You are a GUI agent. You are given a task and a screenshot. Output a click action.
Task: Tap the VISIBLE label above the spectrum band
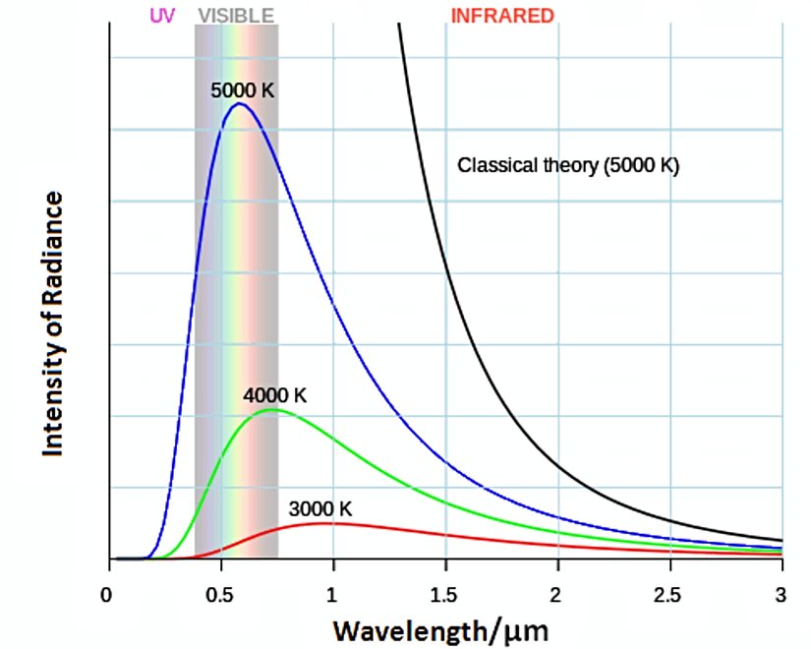click(236, 16)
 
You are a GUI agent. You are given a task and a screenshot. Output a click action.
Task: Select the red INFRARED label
click(502, 16)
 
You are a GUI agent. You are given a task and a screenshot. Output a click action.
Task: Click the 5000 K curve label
click(242, 89)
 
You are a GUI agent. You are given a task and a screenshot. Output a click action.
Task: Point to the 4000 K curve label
click(275, 395)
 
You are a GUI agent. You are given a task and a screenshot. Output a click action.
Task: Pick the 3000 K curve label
click(319, 509)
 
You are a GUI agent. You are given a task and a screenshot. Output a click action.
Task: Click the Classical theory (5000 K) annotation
click(568, 165)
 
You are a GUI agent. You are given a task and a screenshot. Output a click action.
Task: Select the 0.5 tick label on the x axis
click(221, 594)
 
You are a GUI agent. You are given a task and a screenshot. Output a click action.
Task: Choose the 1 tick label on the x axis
click(333, 594)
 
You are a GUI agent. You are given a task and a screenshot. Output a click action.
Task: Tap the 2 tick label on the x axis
click(558, 594)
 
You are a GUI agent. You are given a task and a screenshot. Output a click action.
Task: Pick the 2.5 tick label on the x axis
click(670, 594)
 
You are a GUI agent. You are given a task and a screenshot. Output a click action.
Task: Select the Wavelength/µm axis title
click(438, 627)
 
